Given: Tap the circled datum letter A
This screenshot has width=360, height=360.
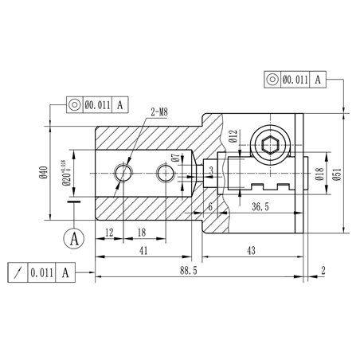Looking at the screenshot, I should tap(75, 237).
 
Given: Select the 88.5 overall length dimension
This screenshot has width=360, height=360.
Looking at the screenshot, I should tap(189, 271).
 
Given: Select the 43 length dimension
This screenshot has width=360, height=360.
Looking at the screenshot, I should tap(252, 250).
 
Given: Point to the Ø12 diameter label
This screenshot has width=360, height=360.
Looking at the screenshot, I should tap(233, 138).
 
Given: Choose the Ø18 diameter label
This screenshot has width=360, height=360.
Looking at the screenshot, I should tap(318, 174).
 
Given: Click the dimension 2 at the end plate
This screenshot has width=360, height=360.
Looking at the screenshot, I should tap(323, 271).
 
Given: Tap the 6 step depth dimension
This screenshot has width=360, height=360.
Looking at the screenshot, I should tap(209, 206).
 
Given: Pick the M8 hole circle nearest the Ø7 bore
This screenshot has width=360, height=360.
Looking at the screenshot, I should tap(166, 172).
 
